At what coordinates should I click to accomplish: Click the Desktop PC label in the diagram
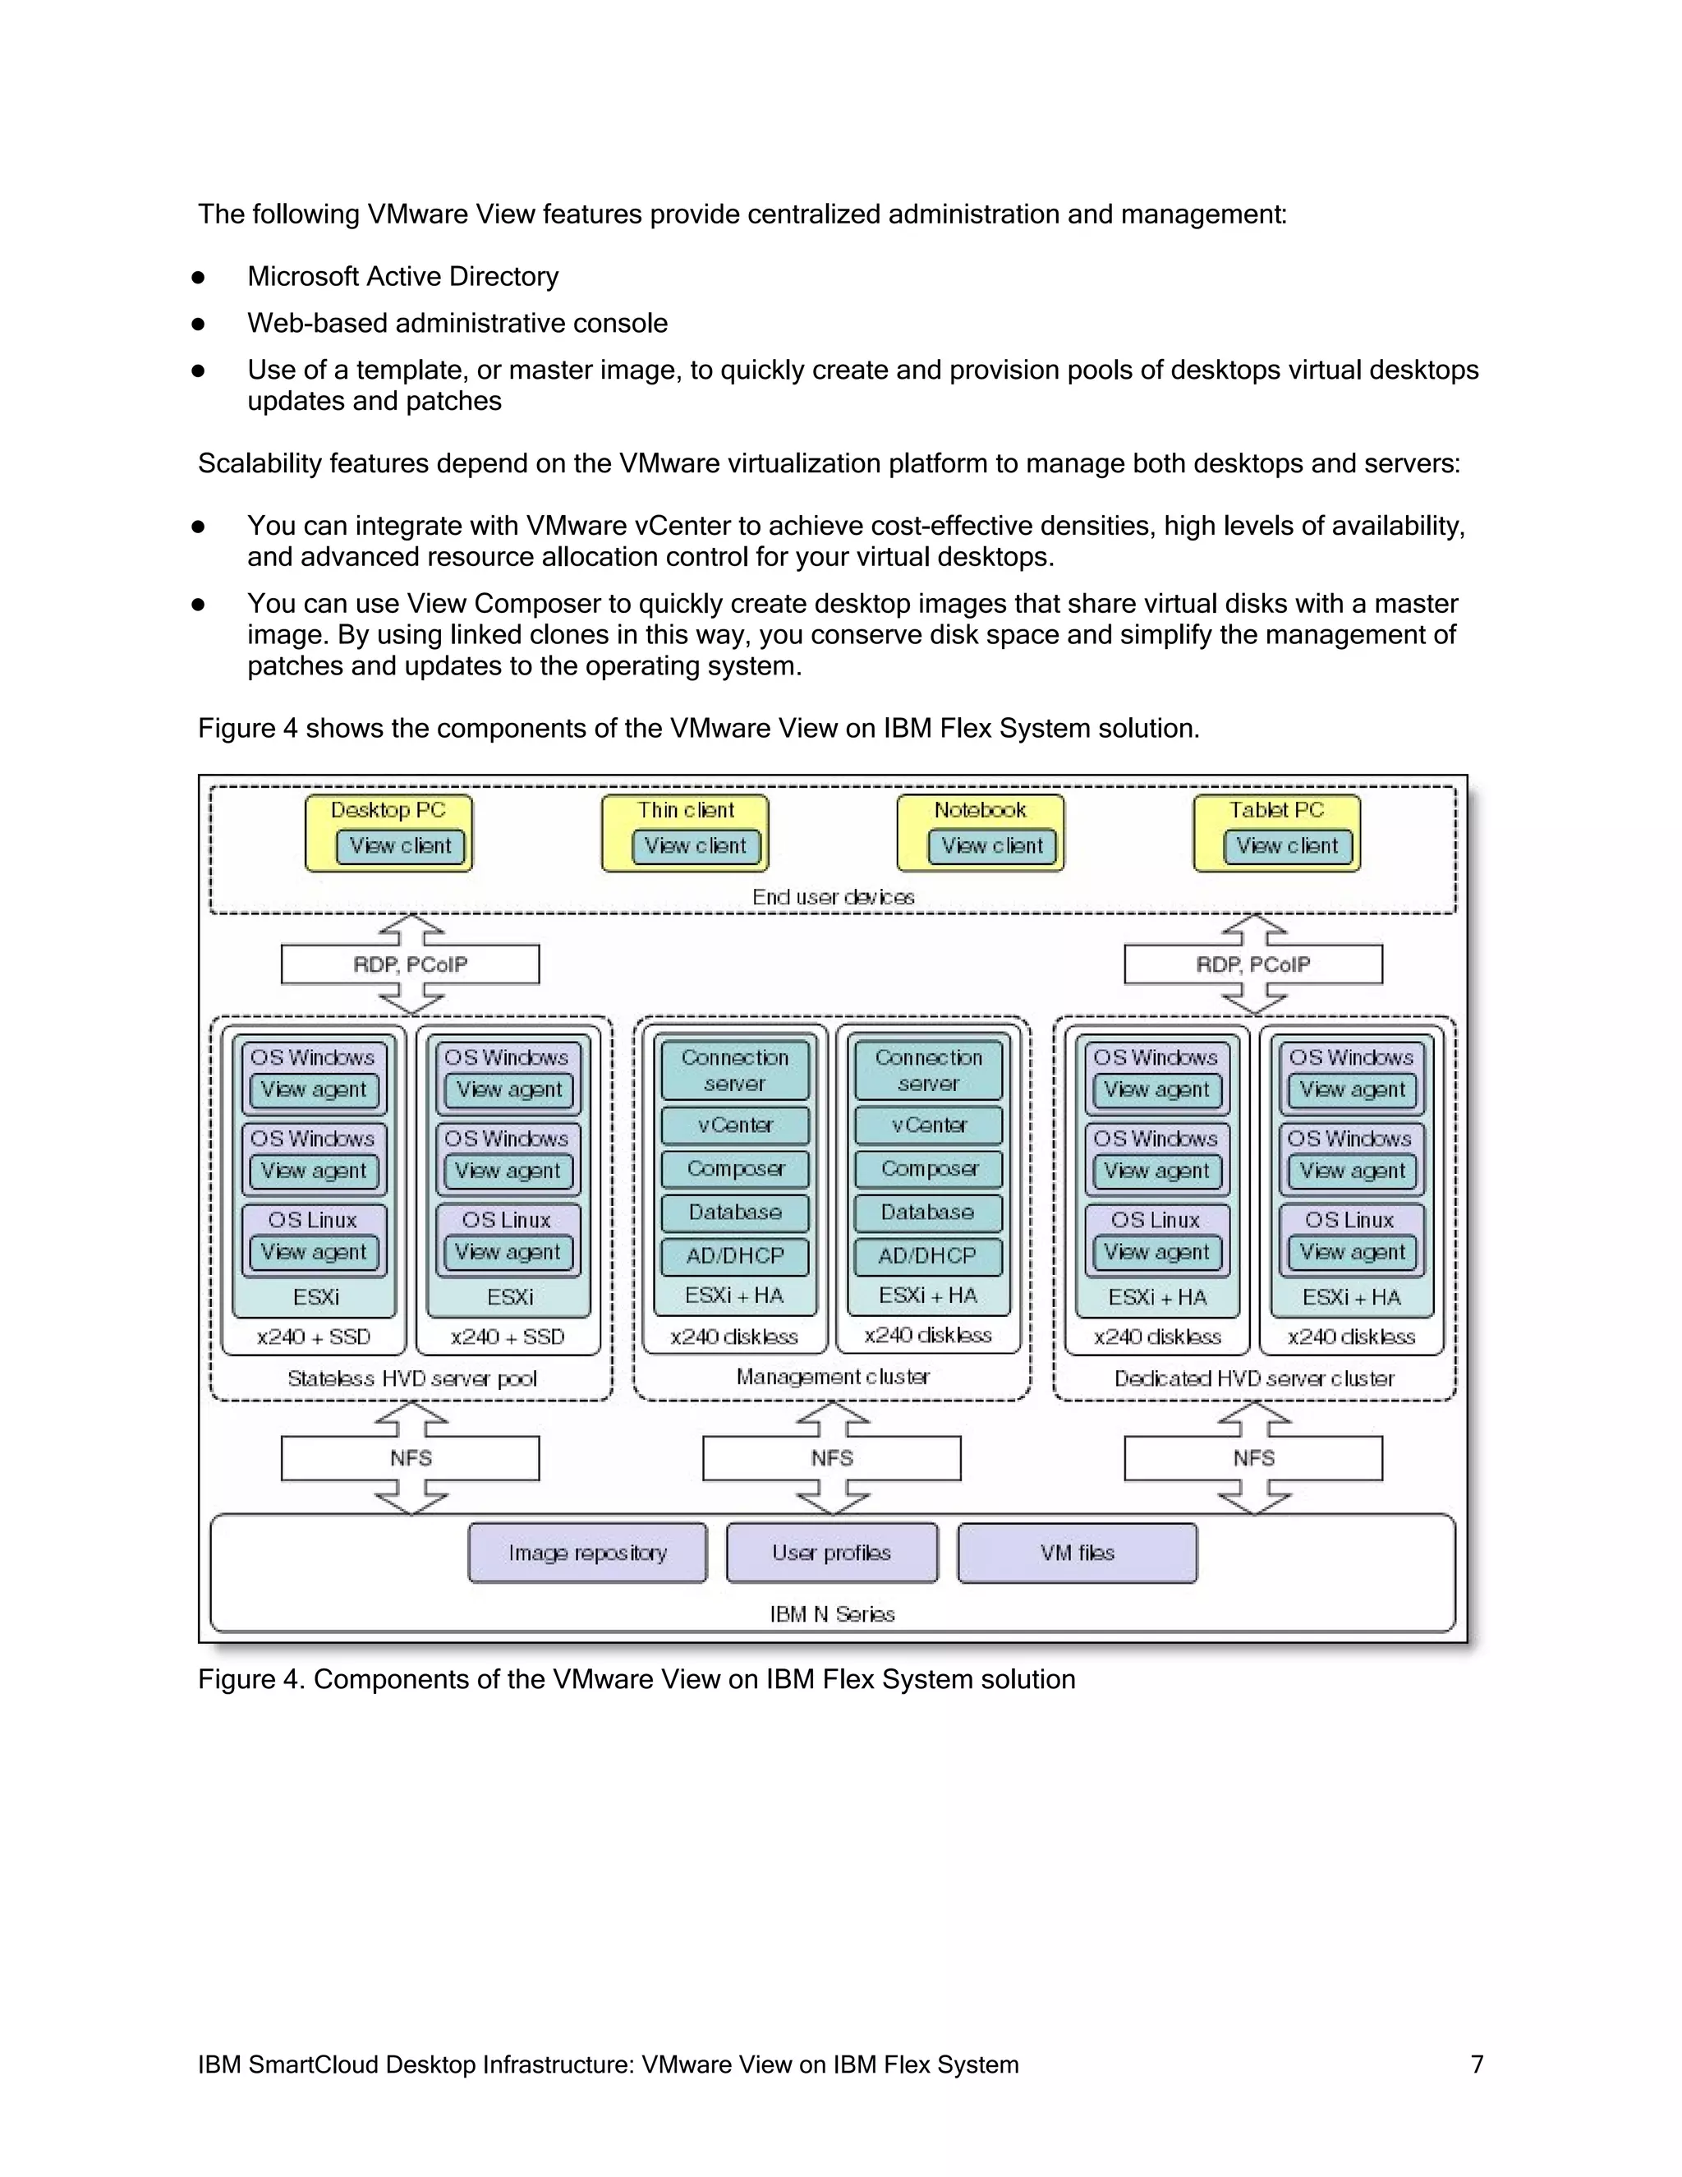[x=388, y=809]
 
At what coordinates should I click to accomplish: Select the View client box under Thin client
[x=696, y=846]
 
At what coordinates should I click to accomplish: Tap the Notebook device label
[x=980, y=809]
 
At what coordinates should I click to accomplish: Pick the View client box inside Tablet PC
[x=1288, y=846]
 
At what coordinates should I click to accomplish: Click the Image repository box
[x=588, y=1552]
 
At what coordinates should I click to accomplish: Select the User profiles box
[x=832, y=1552]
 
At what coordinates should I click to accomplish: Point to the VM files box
[x=1078, y=1552]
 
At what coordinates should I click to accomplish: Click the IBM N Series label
[x=832, y=1613]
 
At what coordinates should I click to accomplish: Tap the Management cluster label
[x=832, y=1377]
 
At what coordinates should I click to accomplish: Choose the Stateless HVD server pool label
[x=411, y=1378]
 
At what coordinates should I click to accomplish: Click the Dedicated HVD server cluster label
[x=1253, y=1378]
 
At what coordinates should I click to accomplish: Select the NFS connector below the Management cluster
[x=832, y=1458]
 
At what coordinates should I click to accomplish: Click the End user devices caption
[x=832, y=897]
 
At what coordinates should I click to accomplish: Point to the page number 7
[x=1477, y=2064]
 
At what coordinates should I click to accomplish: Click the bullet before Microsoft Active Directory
[x=198, y=277]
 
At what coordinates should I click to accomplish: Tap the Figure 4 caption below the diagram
[x=636, y=1680]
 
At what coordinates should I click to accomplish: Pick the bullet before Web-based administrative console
[x=198, y=324]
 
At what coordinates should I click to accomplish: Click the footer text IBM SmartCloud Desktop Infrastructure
[x=608, y=2064]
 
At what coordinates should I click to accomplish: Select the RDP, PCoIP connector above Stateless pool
[x=411, y=964]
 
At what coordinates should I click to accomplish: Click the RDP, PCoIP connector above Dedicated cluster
[x=1253, y=964]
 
